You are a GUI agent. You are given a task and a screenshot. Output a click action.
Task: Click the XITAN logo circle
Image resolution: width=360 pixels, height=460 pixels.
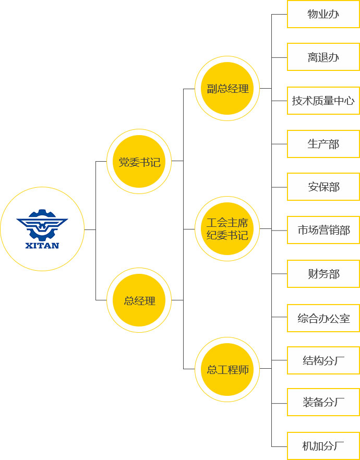coord(42,229)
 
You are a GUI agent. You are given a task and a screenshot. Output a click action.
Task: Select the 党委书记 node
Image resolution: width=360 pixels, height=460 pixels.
coord(139,162)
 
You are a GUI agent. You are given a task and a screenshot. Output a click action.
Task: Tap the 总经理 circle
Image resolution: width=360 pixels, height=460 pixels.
coord(139,300)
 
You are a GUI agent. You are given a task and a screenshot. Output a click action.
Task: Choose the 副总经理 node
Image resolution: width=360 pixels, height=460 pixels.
coord(227,89)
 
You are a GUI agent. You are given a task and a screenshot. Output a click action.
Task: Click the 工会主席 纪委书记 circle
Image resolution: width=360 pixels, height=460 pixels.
coord(227,229)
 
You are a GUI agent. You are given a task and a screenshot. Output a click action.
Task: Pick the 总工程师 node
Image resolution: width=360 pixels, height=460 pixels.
coord(227,369)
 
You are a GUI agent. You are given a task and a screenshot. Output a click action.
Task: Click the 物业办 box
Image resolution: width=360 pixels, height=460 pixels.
coord(323,14)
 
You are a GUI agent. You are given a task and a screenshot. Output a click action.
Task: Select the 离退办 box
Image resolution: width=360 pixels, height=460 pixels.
coord(323,57)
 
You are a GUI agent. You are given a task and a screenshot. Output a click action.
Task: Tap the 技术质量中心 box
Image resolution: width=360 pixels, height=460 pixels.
coord(323,101)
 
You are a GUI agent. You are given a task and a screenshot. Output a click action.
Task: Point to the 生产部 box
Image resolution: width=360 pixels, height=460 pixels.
coord(323,144)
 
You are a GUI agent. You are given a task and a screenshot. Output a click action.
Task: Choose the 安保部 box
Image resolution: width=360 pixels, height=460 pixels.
coord(323,187)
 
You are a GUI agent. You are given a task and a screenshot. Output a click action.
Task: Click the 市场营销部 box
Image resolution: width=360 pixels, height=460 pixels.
coord(323,230)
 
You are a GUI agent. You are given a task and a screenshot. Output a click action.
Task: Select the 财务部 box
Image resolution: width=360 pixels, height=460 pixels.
coord(323,274)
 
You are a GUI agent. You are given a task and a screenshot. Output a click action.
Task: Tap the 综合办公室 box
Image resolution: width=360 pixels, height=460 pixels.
coord(323,318)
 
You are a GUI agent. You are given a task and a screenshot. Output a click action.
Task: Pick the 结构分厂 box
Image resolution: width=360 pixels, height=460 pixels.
coord(323,360)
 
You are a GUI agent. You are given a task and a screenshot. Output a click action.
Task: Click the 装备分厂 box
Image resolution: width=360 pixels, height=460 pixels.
coord(323,402)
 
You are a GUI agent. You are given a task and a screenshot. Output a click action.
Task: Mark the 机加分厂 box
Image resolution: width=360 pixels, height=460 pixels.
coord(323,446)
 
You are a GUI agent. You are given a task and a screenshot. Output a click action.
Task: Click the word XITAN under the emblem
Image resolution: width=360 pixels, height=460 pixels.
coord(42,246)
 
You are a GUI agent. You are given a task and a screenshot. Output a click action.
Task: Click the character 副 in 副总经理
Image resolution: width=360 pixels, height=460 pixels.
coord(211,89)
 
